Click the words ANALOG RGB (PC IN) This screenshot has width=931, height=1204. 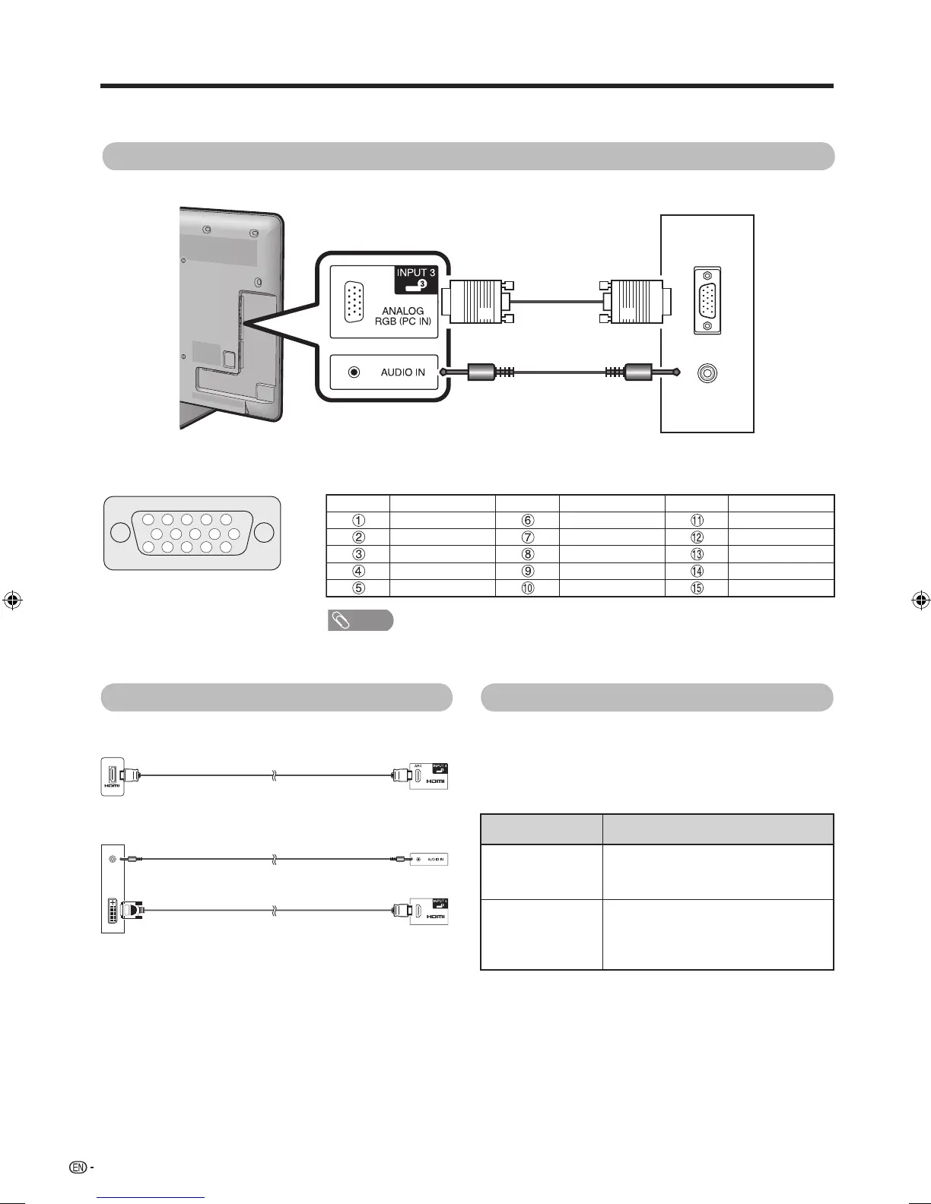(403, 316)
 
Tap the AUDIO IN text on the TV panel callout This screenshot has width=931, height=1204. (403, 372)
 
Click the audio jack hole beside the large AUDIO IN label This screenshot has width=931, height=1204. (354, 372)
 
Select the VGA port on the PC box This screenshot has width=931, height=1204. (707, 301)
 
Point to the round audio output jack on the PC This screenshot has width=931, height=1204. (708, 373)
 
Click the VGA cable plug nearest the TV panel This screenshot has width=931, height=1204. (477, 301)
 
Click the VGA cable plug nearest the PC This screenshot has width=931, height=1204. (636, 301)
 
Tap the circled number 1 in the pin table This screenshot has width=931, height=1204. (358, 521)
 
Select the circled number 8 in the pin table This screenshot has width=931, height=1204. (527, 554)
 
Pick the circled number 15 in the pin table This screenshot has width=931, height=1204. (697, 588)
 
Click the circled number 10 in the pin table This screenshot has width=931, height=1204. (527, 588)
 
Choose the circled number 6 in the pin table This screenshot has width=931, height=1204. (527, 521)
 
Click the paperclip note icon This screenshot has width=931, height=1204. (342, 620)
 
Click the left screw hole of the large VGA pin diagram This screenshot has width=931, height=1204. (119, 532)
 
